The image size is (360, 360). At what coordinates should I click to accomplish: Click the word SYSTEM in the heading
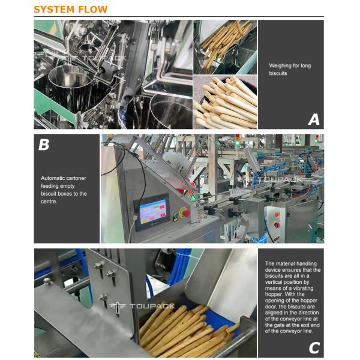tap(54, 10)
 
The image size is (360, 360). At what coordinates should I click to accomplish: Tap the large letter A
tap(314, 119)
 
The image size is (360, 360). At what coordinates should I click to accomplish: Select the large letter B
tap(44, 145)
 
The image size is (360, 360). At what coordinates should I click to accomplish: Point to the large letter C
tap(314, 348)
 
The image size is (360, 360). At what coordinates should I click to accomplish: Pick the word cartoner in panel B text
tap(76, 178)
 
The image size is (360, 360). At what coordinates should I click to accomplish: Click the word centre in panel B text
tap(49, 202)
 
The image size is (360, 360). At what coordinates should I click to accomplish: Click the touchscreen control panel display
tap(153, 211)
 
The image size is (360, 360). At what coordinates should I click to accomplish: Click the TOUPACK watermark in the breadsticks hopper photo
tap(142, 306)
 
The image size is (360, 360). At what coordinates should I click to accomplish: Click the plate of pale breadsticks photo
tap(225, 102)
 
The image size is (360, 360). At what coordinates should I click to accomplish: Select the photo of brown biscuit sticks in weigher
tap(225, 47)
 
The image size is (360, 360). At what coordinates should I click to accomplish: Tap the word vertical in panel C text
tap(275, 282)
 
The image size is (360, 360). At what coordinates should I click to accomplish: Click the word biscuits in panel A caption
tap(278, 73)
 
